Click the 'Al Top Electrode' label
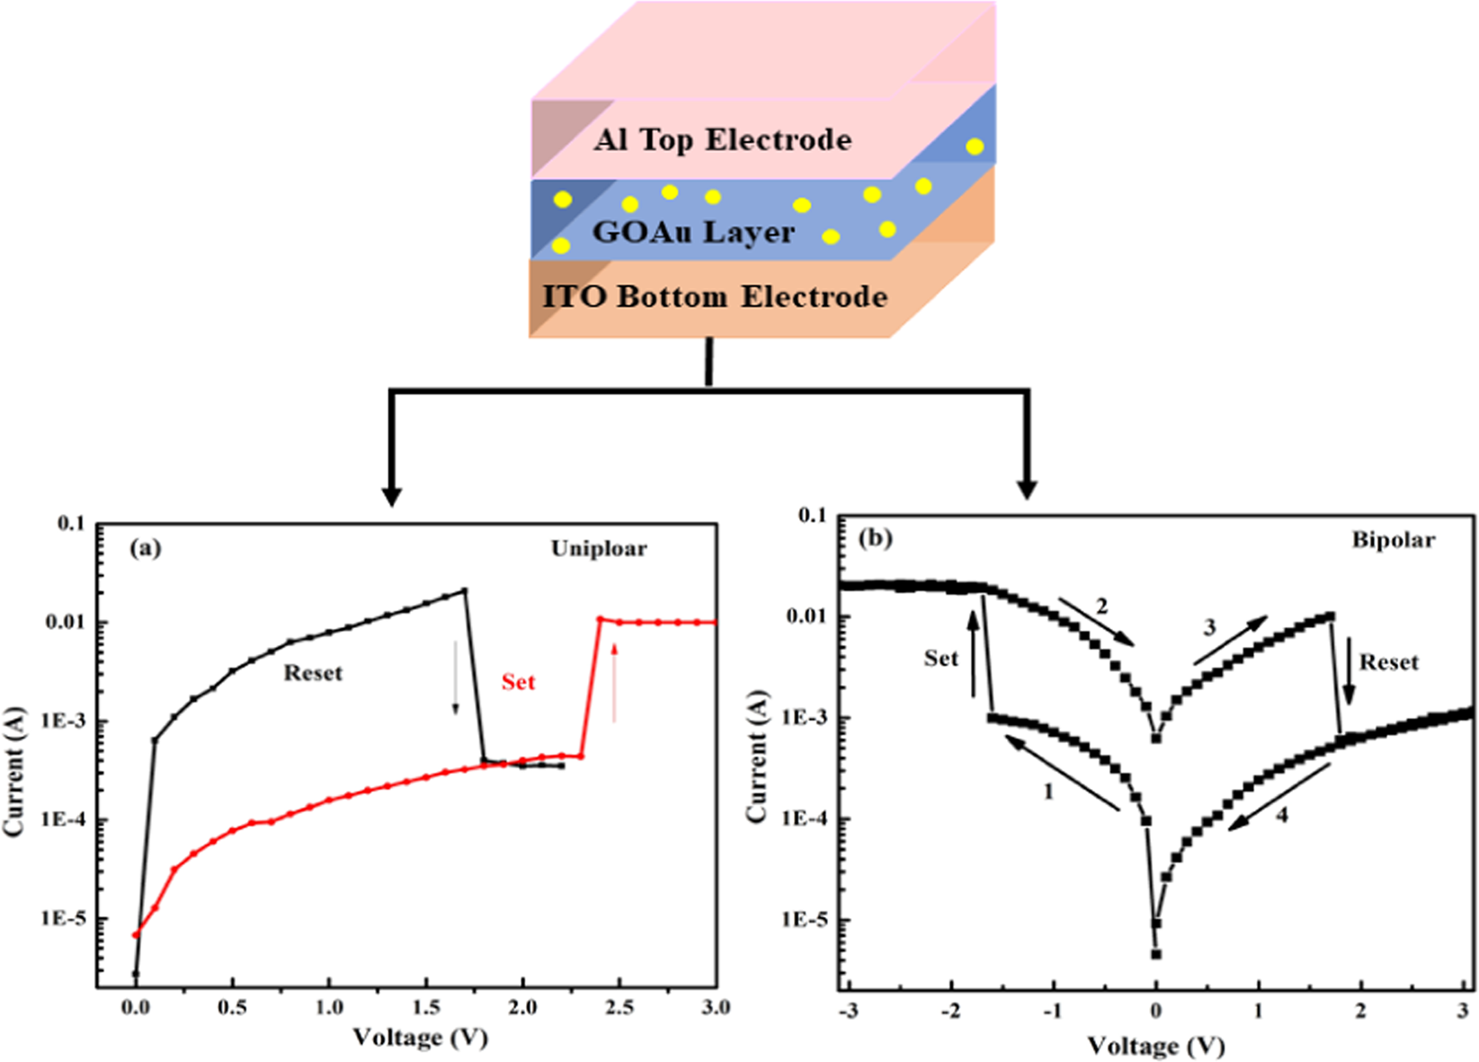[x=722, y=140]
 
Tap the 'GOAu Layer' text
[x=693, y=233]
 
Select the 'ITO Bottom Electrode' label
[x=715, y=297]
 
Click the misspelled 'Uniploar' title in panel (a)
[x=599, y=549]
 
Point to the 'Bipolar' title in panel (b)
[x=1393, y=540]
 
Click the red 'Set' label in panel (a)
[x=518, y=682]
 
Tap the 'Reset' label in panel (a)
[x=313, y=673]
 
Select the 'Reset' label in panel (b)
[x=1388, y=663]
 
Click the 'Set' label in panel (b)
[x=941, y=659]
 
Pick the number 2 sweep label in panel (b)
[x=1102, y=607]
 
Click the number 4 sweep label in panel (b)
[x=1282, y=815]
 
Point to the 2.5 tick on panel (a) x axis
[x=619, y=1007]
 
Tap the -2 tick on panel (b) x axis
[x=951, y=1012]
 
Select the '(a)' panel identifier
[x=146, y=547]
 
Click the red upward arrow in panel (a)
[x=614, y=683]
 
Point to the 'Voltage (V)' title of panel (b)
[x=1155, y=1046]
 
